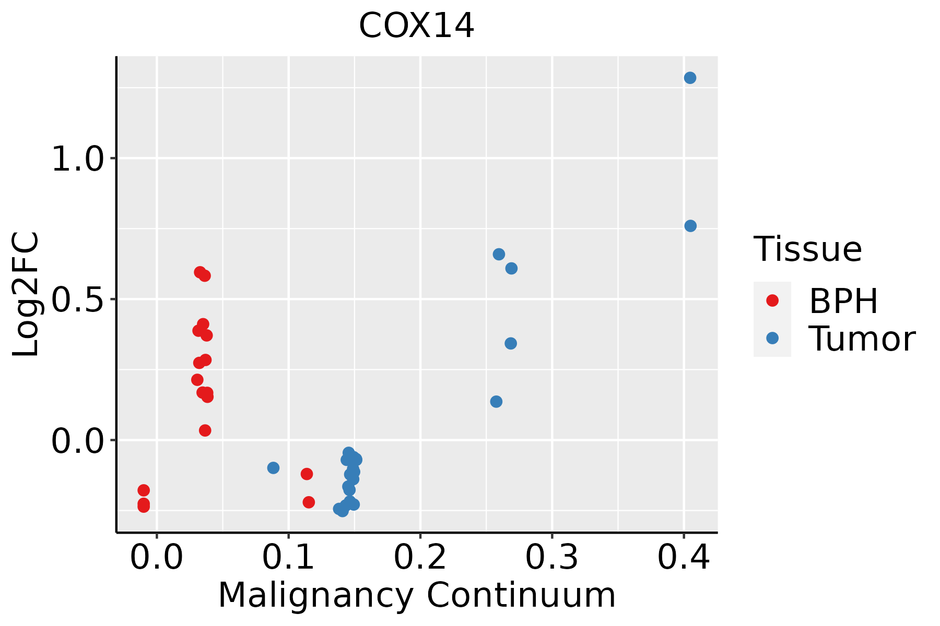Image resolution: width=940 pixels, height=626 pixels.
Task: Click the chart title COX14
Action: click(416, 26)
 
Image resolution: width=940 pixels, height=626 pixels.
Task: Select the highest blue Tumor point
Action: click(690, 78)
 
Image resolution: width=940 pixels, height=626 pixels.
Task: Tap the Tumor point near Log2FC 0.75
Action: click(690, 226)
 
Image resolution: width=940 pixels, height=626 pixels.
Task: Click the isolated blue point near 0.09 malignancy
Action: click(273, 467)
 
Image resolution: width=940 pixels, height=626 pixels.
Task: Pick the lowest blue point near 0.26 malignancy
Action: click(496, 401)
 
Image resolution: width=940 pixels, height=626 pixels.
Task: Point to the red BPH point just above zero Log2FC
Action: click(205, 430)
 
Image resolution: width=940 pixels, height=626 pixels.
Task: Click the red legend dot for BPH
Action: click(772, 300)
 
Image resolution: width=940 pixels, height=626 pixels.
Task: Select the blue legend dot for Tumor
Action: click(772, 338)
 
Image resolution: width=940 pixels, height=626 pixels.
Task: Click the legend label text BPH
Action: click(843, 301)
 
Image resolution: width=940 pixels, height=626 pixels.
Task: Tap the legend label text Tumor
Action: click(862, 339)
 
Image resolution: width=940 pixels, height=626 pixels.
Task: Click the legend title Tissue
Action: click(807, 249)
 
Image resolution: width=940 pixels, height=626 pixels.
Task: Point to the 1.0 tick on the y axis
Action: click(78, 159)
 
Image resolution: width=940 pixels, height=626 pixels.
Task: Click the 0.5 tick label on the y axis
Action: click(78, 299)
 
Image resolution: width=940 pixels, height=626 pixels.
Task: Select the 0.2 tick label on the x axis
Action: click(420, 557)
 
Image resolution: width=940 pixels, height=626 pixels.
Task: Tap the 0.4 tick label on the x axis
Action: click(683, 557)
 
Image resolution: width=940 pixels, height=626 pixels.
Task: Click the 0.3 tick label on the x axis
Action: click(551, 557)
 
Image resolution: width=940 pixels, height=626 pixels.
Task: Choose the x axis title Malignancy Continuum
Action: click(417, 595)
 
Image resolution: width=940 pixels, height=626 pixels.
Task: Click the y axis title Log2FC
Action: click(26, 294)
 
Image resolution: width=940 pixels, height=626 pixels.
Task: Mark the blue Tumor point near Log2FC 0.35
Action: click(511, 343)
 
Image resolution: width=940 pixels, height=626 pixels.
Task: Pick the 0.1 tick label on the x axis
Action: click(288, 557)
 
